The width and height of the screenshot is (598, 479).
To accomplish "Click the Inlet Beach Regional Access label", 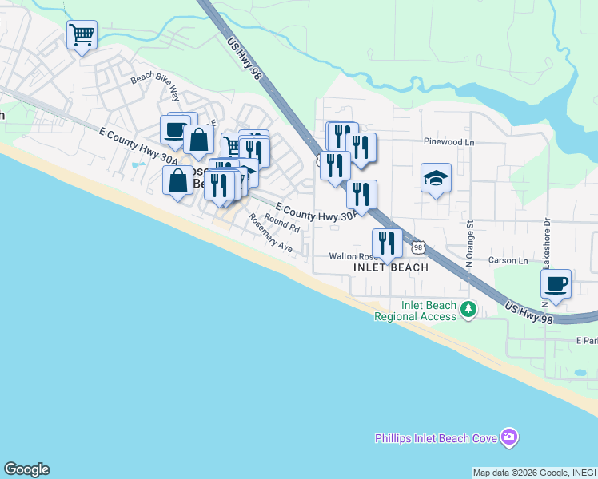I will [416, 311].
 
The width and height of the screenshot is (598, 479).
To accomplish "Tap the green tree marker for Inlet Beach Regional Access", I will [469, 308].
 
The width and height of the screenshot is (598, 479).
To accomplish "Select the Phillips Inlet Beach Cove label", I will [437, 437].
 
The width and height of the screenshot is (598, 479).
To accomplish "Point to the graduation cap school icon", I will [437, 178].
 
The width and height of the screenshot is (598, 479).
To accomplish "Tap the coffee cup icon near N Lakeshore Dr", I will [556, 283].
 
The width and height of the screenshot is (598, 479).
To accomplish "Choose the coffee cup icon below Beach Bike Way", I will [174, 129].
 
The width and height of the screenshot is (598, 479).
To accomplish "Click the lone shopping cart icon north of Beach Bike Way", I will [82, 35].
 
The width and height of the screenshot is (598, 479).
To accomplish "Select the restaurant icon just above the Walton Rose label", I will [387, 243].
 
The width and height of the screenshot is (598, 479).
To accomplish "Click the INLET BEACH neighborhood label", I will [391, 267].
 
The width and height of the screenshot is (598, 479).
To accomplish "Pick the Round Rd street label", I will [281, 223].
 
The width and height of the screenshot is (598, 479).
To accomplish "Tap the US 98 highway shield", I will [419, 250].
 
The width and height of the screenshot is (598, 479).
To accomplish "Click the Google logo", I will [26, 469].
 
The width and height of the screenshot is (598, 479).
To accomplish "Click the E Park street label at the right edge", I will [586, 341].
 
